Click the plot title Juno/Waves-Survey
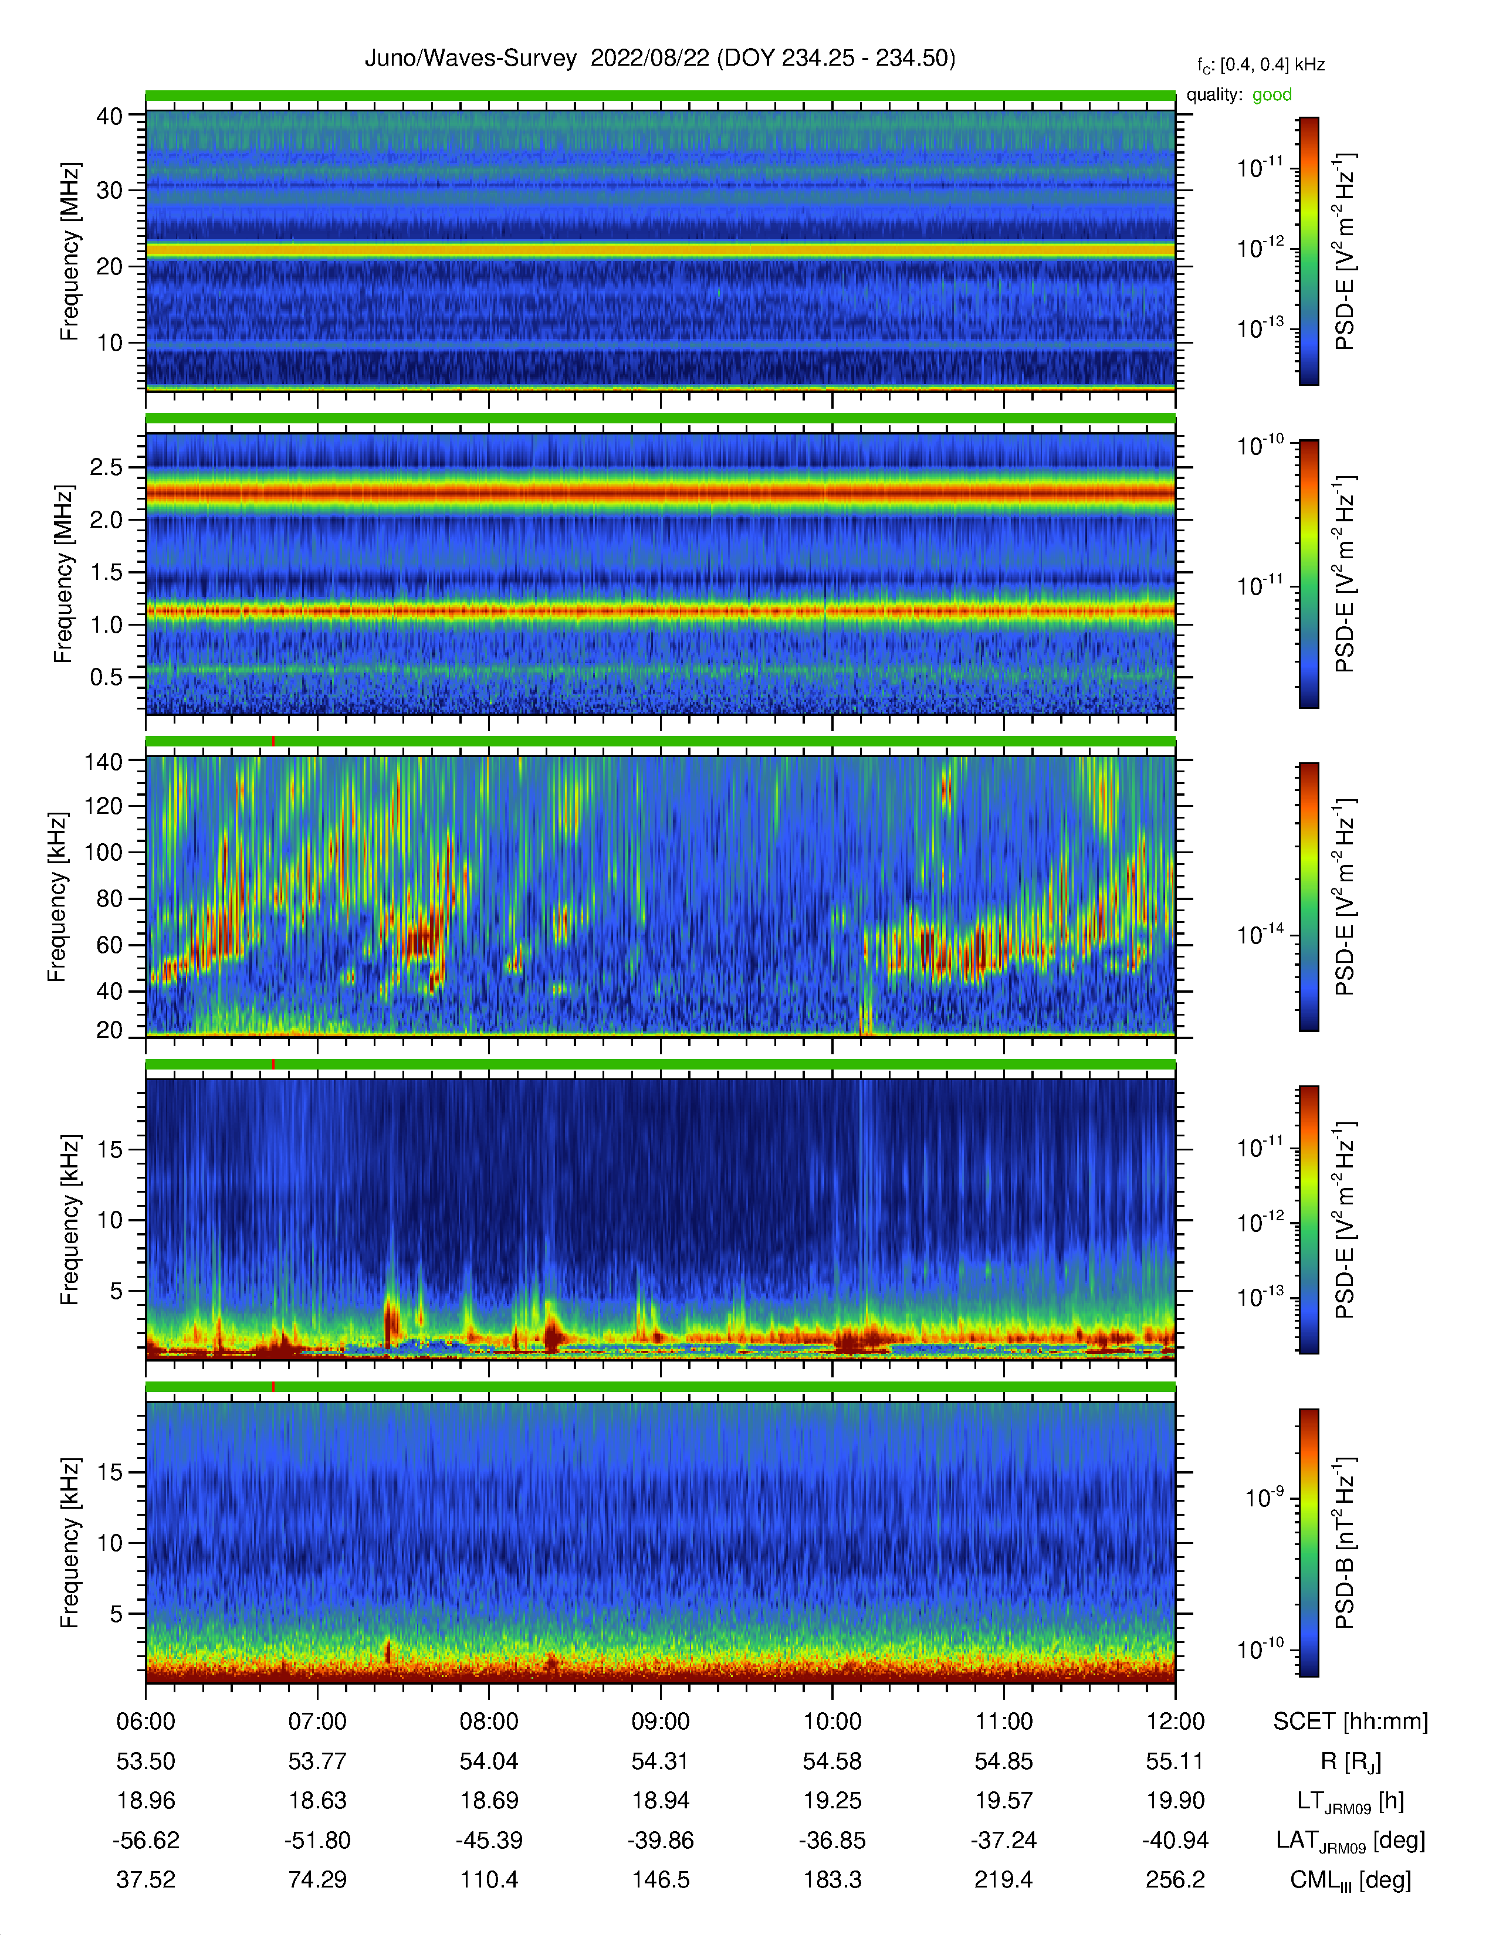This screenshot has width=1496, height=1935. pyautogui.click(x=471, y=59)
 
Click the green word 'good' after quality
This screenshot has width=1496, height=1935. pyautogui.click(x=1272, y=95)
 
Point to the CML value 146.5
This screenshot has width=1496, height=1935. pyautogui.click(x=660, y=1879)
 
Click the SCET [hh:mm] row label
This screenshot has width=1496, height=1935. pyautogui.click(x=1351, y=1722)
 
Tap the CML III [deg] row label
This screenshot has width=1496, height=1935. pyautogui.click(x=1351, y=1880)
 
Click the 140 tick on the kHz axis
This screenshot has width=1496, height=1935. pyautogui.click(x=103, y=761)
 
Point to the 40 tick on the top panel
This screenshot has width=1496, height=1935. pyautogui.click(x=109, y=116)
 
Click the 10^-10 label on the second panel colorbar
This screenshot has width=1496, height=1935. pyautogui.click(x=1260, y=445)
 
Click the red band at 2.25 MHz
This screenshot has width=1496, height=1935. pyautogui.click(x=660, y=493)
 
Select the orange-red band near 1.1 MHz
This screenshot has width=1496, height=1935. pyautogui.click(x=660, y=610)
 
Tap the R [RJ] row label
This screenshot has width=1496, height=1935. pyautogui.click(x=1351, y=1761)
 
